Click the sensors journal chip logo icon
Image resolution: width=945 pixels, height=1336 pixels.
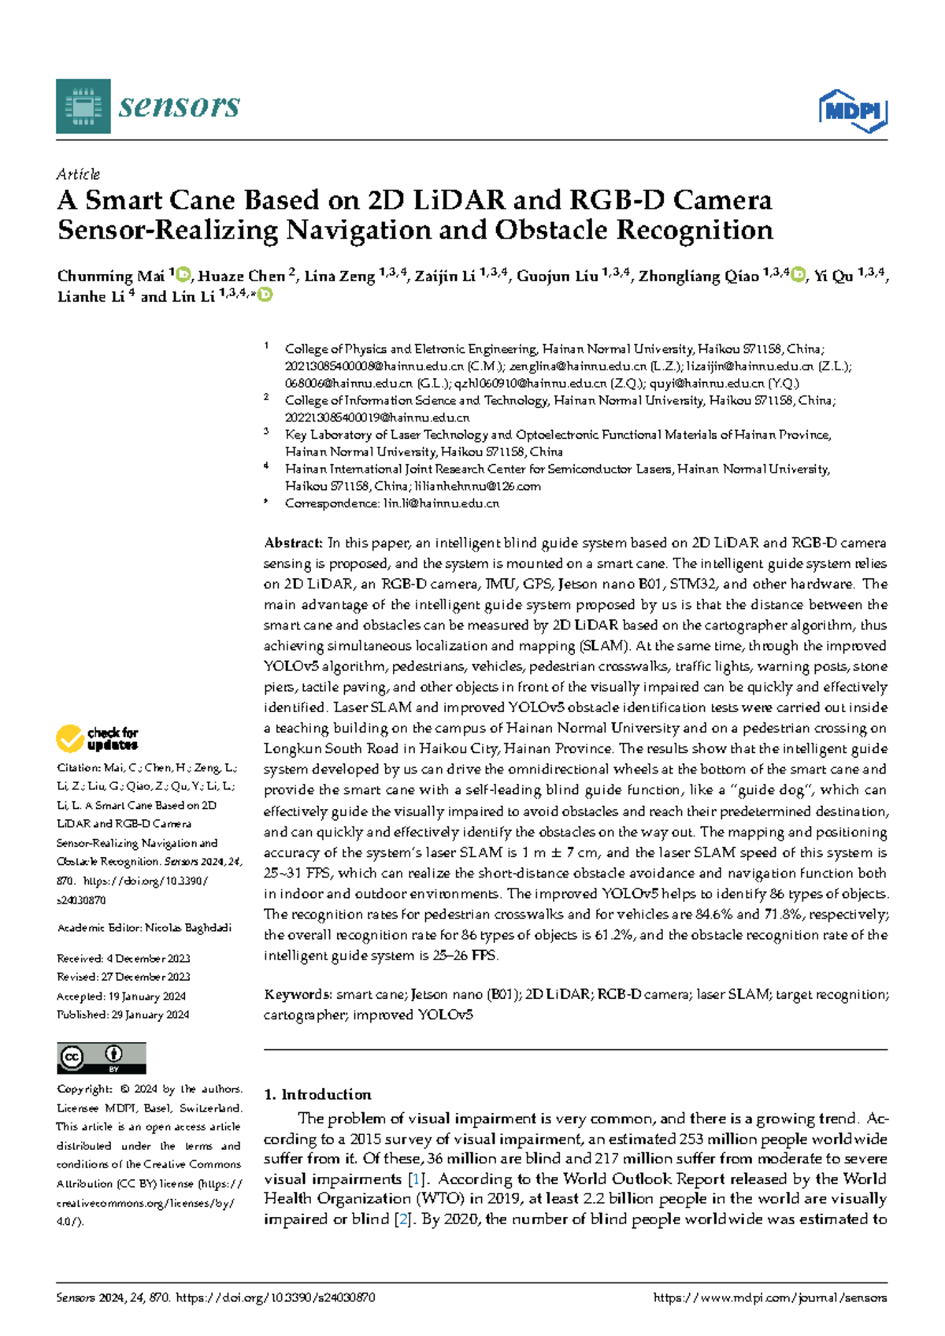83,106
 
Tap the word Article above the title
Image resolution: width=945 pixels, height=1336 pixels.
78,174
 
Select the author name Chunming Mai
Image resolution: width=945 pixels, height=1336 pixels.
110,276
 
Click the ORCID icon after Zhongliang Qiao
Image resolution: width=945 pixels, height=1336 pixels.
798,275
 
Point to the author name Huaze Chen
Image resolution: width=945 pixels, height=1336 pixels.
241,276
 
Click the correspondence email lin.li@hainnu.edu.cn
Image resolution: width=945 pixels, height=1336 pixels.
441,503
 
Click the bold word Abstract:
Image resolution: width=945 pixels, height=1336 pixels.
293,543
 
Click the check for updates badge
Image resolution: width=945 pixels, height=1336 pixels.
97,738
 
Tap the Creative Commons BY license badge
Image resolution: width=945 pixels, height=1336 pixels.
101,1058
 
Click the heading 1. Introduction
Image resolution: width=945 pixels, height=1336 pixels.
317,1094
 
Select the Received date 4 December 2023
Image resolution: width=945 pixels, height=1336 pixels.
148,959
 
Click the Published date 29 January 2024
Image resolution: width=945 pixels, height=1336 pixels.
150,1015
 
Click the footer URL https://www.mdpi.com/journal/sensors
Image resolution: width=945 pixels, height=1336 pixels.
769,1297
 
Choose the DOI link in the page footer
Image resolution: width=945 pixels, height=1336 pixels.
275,1297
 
